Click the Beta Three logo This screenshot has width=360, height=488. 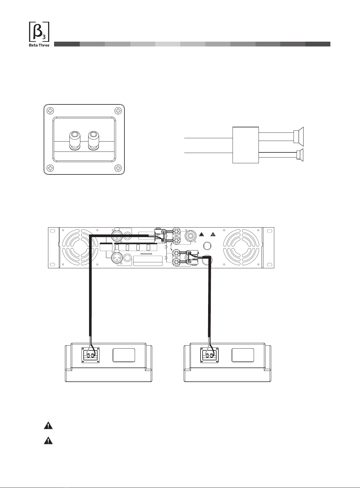pos(39,34)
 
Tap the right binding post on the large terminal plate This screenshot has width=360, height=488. pos(93,140)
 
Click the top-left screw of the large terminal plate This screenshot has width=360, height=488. pos(51,110)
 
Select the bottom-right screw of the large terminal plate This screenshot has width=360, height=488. pos(118,168)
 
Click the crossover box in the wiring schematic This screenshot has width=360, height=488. pos(246,145)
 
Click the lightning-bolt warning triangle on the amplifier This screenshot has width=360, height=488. pos(213,234)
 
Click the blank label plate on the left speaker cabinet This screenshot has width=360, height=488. pos(124,355)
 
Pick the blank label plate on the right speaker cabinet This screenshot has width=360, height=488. pos(243,355)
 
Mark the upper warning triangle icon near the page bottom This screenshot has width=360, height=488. pos(48,426)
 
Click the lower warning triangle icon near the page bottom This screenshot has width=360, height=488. pos(48,441)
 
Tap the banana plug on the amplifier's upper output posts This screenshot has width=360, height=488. pos(159,236)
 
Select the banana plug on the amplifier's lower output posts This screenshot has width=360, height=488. pos(192,258)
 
